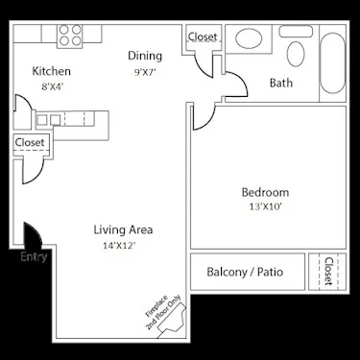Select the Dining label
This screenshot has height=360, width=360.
(145, 56)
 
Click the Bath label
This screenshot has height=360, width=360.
(281, 83)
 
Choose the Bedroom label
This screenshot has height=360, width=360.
(264, 191)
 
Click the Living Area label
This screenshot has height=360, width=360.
(124, 229)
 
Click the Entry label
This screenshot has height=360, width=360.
(34, 256)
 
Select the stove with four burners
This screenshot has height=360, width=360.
(70, 35)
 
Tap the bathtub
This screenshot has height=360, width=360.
(331, 63)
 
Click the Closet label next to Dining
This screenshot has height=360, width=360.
(203, 36)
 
